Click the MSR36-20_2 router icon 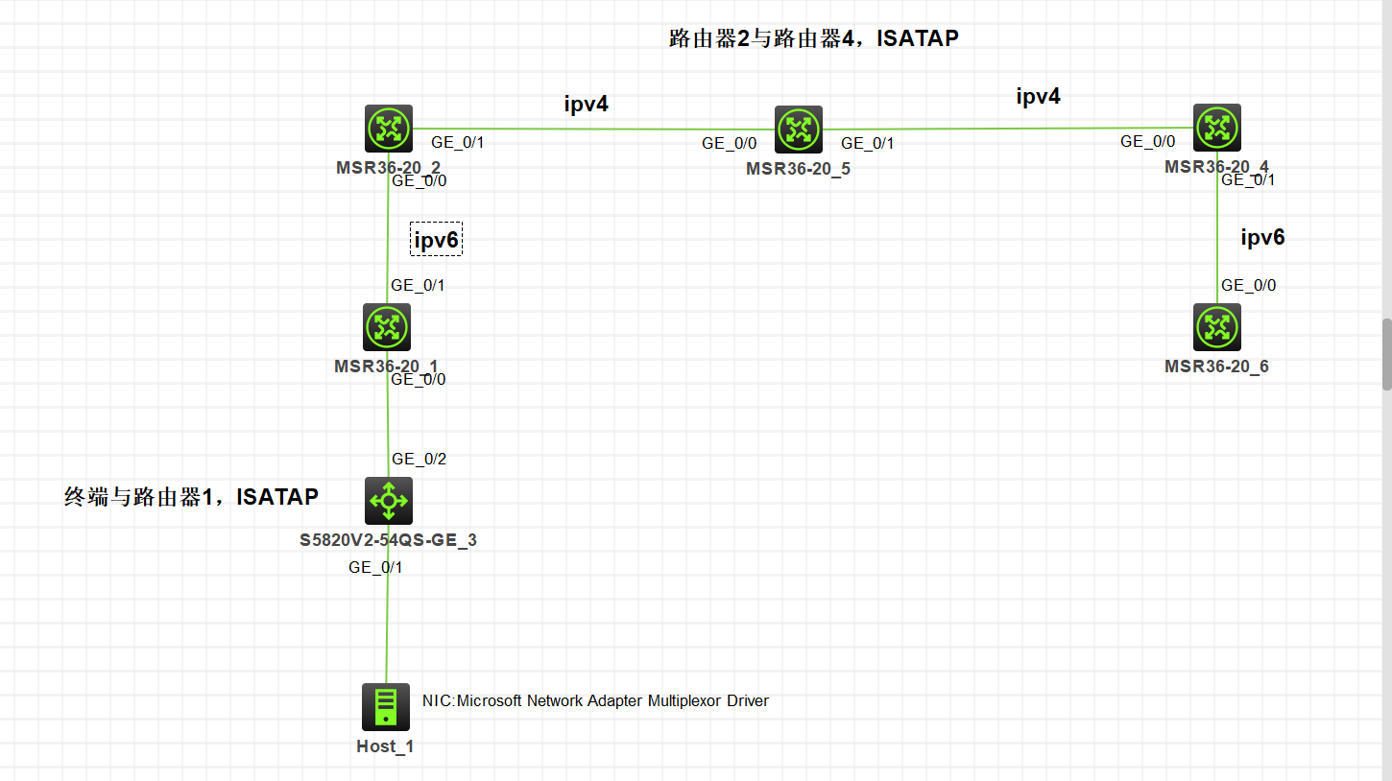pos(389,129)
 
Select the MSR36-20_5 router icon pos(799,130)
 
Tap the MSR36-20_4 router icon pos(1217,128)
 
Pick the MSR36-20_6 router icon pos(1217,327)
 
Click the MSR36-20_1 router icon pos(387,327)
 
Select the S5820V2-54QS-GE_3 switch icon pos(389,501)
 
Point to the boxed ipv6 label pos(437,240)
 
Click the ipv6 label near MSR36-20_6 pos(1262,238)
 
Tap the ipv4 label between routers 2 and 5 pos(586,105)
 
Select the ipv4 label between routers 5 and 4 pos(1039,96)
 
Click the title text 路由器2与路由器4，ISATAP pos(814,39)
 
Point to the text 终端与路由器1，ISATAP pos(191,497)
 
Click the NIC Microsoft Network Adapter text pos(595,700)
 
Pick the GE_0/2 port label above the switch pos(419,459)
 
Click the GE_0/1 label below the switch pos(375,567)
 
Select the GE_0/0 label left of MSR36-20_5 pos(730,143)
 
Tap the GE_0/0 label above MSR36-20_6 pos(1248,285)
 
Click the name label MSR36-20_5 pos(798,170)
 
